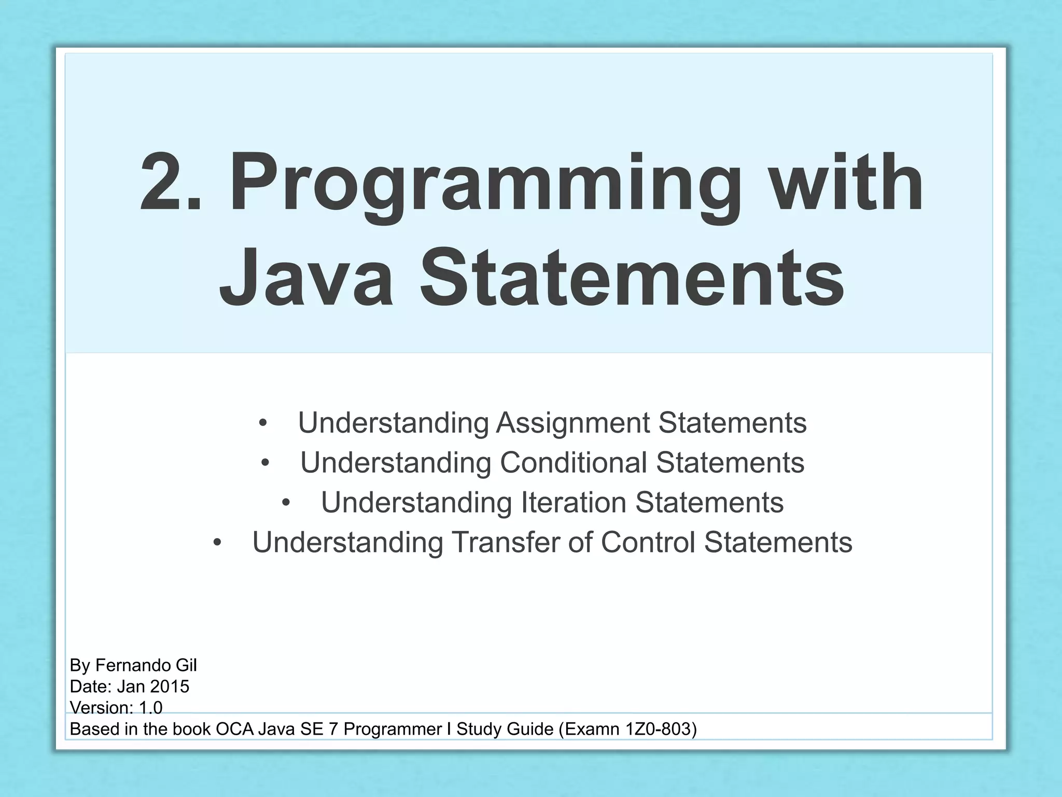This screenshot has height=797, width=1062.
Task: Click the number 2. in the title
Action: [170, 183]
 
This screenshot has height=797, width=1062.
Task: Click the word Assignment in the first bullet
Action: [573, 423]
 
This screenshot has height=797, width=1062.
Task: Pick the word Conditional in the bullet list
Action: [573, 462]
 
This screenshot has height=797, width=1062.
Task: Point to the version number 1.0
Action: [151, 708]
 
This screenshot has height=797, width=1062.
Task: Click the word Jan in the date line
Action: [131, 686]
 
